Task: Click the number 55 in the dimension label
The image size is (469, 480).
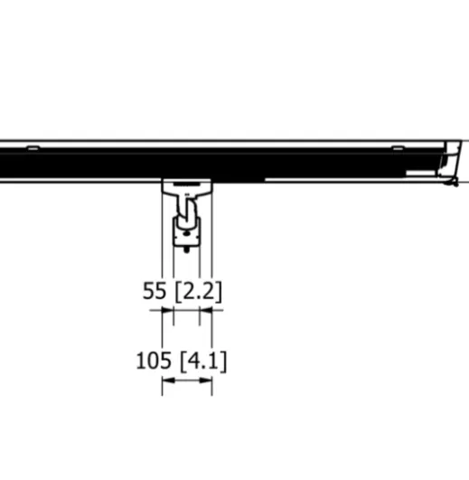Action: point(155,291)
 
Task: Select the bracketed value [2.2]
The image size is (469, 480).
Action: point(198,291)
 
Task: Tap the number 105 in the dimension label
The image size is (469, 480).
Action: point(154,361)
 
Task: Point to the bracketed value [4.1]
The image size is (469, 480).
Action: point(203,362)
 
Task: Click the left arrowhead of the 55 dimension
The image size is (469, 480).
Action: point(168,310)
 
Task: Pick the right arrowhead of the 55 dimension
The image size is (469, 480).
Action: point(206,310)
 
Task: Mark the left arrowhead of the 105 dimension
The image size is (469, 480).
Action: point(168,381)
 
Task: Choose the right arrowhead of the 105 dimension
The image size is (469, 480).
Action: point(206,381)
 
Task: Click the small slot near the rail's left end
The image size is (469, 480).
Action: point(33,148)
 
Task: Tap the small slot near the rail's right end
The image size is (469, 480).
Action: point(398,148)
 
